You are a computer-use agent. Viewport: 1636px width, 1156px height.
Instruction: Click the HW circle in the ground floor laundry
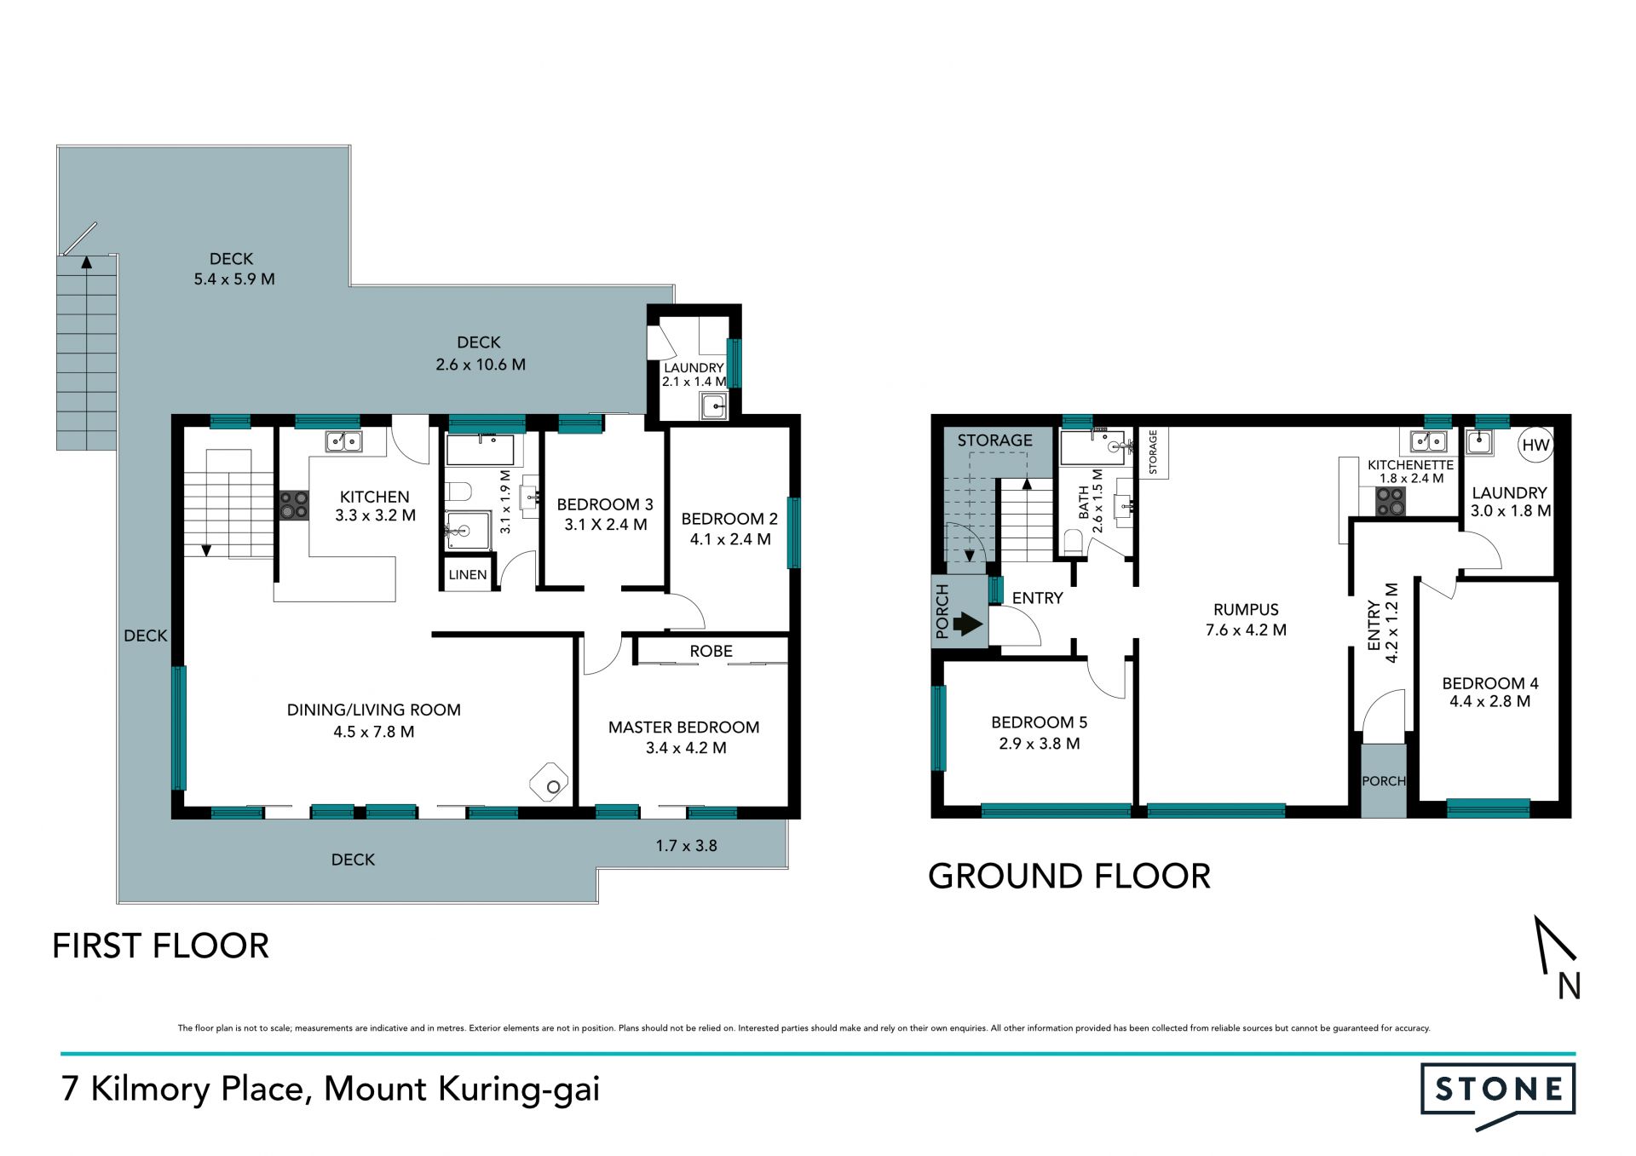[1535, 445]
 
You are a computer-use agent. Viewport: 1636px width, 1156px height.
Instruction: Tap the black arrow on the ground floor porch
[967, 624]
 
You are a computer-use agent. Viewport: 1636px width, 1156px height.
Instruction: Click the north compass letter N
[1570, 986]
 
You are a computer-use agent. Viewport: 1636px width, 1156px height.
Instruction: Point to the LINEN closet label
[468, 575]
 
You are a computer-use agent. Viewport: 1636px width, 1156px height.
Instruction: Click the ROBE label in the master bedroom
[711, 651]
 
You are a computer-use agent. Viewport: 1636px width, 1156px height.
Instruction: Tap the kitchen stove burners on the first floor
[295, 505]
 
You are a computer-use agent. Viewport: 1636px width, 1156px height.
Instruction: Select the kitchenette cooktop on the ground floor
[1391, 502]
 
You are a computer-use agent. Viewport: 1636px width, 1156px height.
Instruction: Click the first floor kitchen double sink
[343, 441]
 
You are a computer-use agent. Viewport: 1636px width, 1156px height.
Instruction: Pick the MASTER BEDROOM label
[683, 728]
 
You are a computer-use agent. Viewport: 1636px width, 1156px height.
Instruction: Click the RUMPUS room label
[1246, 610]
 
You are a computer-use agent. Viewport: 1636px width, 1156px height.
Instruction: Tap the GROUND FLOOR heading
[1069, 877]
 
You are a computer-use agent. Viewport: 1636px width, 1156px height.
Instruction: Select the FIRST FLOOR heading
[161, 946]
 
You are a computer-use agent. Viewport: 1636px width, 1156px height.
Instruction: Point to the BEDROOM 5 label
[1039, 722]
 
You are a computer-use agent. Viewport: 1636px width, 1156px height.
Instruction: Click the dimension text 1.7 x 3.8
[686, 846]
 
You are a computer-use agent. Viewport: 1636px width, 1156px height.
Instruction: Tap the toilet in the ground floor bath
[1074, 542]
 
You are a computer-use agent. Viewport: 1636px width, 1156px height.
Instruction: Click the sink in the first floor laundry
[714, 406]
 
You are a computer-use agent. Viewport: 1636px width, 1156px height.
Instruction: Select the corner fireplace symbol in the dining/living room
[550, 782]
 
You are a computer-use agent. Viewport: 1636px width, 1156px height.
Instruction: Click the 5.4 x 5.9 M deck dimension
[234, 279]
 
